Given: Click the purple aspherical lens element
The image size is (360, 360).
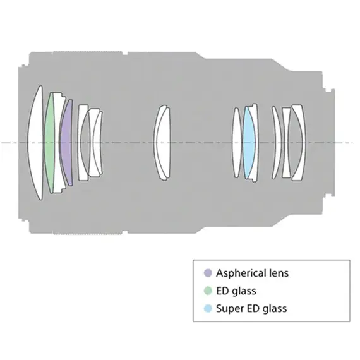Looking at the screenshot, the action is pos(66,143).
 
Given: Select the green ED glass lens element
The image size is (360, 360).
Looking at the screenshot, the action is pos(49,143).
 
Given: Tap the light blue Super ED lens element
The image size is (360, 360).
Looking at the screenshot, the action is pos(248,143).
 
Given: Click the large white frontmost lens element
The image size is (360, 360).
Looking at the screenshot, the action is pos(35,143).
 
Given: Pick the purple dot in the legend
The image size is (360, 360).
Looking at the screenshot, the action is pos(208,273).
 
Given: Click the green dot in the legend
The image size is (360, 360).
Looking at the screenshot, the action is pos(208,291).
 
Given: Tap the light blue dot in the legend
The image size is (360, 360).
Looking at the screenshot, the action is pos(208,308).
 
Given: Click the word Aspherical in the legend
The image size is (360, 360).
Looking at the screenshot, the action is pos(241,273).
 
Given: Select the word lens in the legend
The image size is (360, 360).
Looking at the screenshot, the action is pos(279,273).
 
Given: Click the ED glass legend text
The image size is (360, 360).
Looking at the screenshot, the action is pos(236,291).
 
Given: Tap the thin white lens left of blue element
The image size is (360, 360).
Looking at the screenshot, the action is pos(237,143).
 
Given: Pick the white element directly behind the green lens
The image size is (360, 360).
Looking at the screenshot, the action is pos(58,143).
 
